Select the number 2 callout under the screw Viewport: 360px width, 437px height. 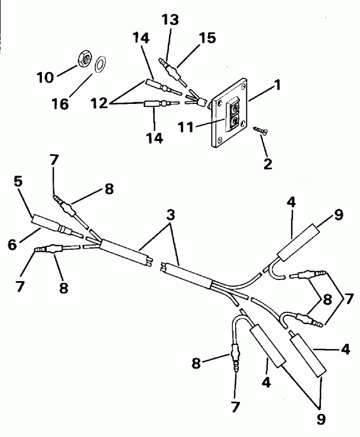[x=268, y=164]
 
